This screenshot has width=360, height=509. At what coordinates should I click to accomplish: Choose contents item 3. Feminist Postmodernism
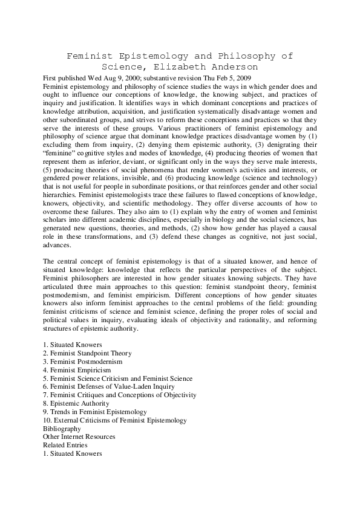pyautogui.click(x=82, y=361)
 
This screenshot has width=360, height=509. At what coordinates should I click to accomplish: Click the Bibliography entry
pyautogui.click(x=62, y=428)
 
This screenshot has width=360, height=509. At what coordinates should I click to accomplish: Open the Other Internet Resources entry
pyautogui.click(x=79, y=436)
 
